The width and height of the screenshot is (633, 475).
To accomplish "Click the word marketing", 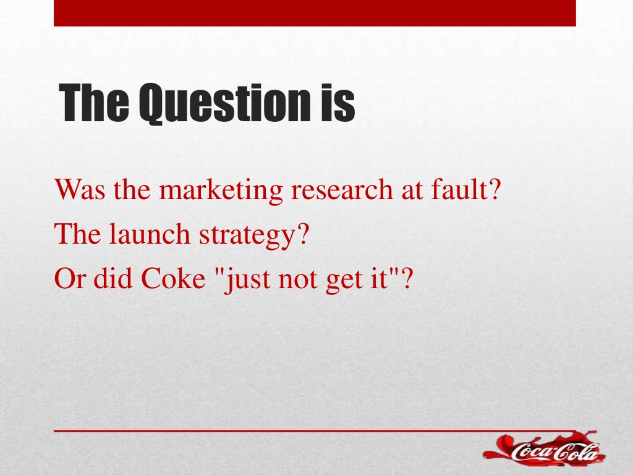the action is (221, 190).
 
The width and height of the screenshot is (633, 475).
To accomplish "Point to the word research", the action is (341, 189).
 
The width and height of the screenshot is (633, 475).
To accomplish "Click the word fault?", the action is (466, 189).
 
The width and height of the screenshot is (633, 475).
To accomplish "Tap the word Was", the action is (80, 189).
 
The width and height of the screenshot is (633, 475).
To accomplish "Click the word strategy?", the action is (254, 235).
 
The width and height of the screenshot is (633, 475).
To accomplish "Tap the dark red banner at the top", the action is (315, 13).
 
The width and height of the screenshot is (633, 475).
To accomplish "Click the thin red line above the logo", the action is (315, 431).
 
